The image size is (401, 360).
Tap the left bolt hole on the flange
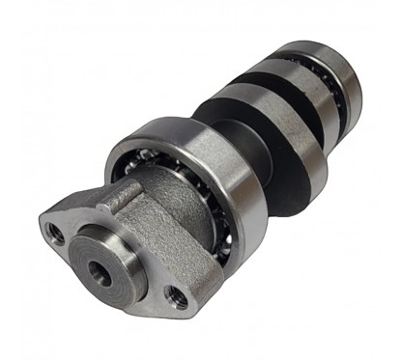(x=56, y=232)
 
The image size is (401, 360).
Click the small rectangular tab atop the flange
(x=116, y=195)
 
